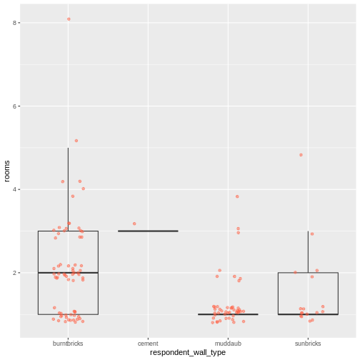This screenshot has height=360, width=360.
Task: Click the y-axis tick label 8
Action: pyautogui.click(x=16, y=23)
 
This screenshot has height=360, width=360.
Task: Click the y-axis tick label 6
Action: pyautogui.click(x=16, y=106)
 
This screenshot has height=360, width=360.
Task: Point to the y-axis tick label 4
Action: pyautogui.click(x=16, y=189)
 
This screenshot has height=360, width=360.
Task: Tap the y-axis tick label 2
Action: pyautogui.click(x=16, y=273)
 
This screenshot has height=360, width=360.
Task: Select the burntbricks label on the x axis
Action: pyautogui.click(x=68, y=344)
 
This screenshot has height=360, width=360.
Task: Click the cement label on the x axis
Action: pyautogui.click(x=148, y=344)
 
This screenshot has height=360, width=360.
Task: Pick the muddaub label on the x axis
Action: pyautogui.click(x=228, y=344)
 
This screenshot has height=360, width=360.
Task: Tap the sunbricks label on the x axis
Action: pyautogui.click(x=308, y=344)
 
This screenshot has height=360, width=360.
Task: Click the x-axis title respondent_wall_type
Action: pyautogui.click(x=188, y=353)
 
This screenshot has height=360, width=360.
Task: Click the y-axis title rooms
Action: pyautogui.click(x=6, y=170)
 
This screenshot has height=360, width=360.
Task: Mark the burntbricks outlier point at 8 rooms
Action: pyautogui.click(x=69, y=19)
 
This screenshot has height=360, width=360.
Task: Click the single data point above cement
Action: pyautogui.click(x=134, y=224)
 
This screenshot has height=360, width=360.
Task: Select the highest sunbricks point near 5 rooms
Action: pyautogui.click(x=301, y=154)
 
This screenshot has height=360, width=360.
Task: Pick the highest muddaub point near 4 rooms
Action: pyautogui.click(x=237, y=196)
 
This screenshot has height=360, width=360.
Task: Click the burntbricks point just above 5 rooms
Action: pyautogui.click(x=76, y=141)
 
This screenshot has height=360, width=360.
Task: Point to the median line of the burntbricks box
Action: pyautogui.click(x=68, y=273)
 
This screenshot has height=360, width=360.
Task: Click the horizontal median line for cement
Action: pyautogui.click(x=148, y=231)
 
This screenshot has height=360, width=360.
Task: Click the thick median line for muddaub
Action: pyautogui.click(x=228, y=314)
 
